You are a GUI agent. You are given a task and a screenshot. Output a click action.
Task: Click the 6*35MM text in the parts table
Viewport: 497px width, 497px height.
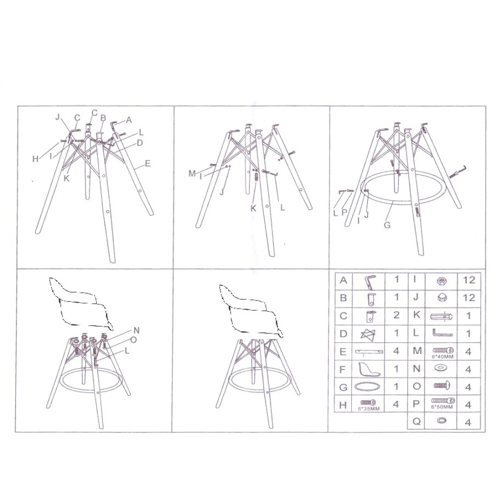click(369, 409)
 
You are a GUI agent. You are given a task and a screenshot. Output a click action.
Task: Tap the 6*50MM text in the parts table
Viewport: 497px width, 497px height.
click(442, 407)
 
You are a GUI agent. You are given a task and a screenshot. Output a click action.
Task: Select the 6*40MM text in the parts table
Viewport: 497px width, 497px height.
click(442, 356)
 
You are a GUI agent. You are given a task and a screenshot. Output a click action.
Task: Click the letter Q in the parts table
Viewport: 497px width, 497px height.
click(416, 421)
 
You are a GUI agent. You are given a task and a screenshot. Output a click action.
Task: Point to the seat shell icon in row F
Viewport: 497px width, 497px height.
click(369, 370)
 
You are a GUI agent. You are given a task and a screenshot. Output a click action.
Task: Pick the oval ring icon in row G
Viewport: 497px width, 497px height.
click(367, 387)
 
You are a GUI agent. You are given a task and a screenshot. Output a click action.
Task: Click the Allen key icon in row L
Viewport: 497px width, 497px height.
click(442, 333)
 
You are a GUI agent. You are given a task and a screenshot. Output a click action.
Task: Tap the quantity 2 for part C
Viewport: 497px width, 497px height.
click(396, 315)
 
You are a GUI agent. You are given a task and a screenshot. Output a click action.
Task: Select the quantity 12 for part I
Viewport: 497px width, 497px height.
click(469, 280)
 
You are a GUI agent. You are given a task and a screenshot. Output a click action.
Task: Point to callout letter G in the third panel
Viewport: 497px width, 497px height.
click(387, 225)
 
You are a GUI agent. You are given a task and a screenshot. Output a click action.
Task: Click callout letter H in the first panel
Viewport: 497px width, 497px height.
click(35, 159)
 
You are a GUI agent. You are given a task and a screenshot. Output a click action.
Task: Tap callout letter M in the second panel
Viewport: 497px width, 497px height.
click(192, 173)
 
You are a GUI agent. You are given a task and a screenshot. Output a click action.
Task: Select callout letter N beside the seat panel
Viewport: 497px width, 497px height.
click(136, 331)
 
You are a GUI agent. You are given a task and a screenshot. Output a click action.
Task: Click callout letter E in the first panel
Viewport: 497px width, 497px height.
click(148, 164)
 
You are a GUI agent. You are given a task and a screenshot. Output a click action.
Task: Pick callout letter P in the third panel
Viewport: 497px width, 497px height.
click(344, 212)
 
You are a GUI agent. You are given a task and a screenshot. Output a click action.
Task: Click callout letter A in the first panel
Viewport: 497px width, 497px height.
click(129, 120)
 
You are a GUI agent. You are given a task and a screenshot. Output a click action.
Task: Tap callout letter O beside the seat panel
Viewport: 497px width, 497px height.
click(133, 340)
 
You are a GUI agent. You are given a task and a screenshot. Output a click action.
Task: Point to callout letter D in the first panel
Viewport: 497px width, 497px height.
click(140, 143)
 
